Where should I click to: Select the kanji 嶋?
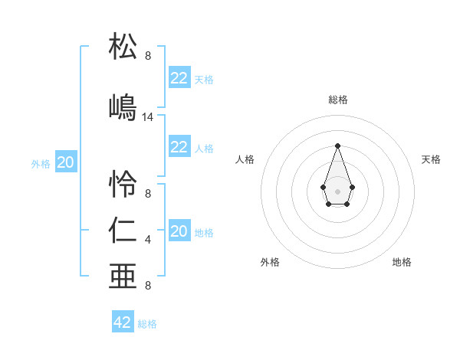click(123, 107)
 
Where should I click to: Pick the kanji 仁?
click(123, 231)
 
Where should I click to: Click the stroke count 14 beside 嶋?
click(148, 117)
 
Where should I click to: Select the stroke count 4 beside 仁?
click(148, 241)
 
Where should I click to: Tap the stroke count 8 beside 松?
click(148, 56)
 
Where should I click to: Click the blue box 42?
click(123, 322)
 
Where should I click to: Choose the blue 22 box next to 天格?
click(179, 78)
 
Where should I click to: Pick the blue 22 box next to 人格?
click(179, 147)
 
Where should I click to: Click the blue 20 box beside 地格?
click(179, 231)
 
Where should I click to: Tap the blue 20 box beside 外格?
click(66, 162)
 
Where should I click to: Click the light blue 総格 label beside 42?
click(147, 324)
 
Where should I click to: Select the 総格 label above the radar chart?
click(337, 100)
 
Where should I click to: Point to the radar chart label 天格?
click(431, 159)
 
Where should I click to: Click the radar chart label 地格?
click(402, 262)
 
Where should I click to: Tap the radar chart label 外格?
click(270, 262)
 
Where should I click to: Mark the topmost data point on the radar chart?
click(337, 146)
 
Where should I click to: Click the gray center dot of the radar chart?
click(337, 191)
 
